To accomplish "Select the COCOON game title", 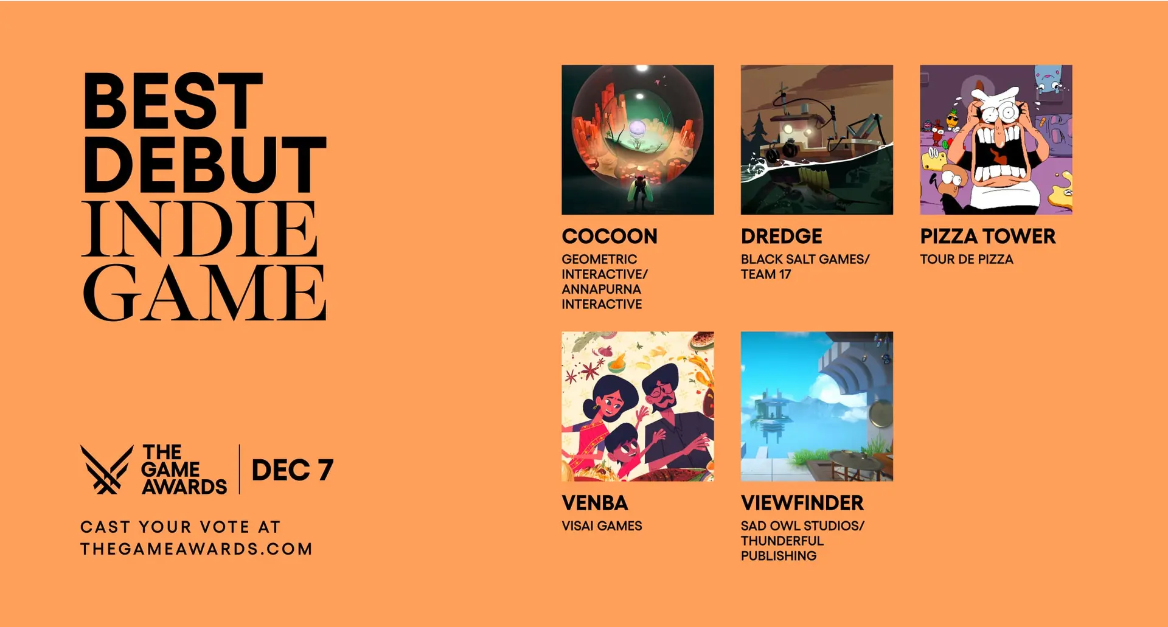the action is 610,236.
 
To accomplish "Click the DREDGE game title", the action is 782,236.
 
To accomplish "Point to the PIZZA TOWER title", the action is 988,236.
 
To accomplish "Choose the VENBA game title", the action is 595,503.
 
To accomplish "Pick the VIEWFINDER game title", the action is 802,503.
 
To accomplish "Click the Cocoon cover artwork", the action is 638,140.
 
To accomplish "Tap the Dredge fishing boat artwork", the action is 817,140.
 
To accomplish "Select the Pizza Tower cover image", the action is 996,140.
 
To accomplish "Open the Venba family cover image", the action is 638,406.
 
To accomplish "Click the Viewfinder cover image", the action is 817,406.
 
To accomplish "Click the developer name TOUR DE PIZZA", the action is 967,259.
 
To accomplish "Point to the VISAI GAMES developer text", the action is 602,526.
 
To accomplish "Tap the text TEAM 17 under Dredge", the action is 766,274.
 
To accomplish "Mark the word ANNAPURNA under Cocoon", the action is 601,289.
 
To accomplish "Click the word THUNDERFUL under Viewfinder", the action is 782,541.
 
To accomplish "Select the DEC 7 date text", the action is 293,470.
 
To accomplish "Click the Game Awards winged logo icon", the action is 107,469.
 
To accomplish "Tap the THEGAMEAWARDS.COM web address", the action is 196,549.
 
